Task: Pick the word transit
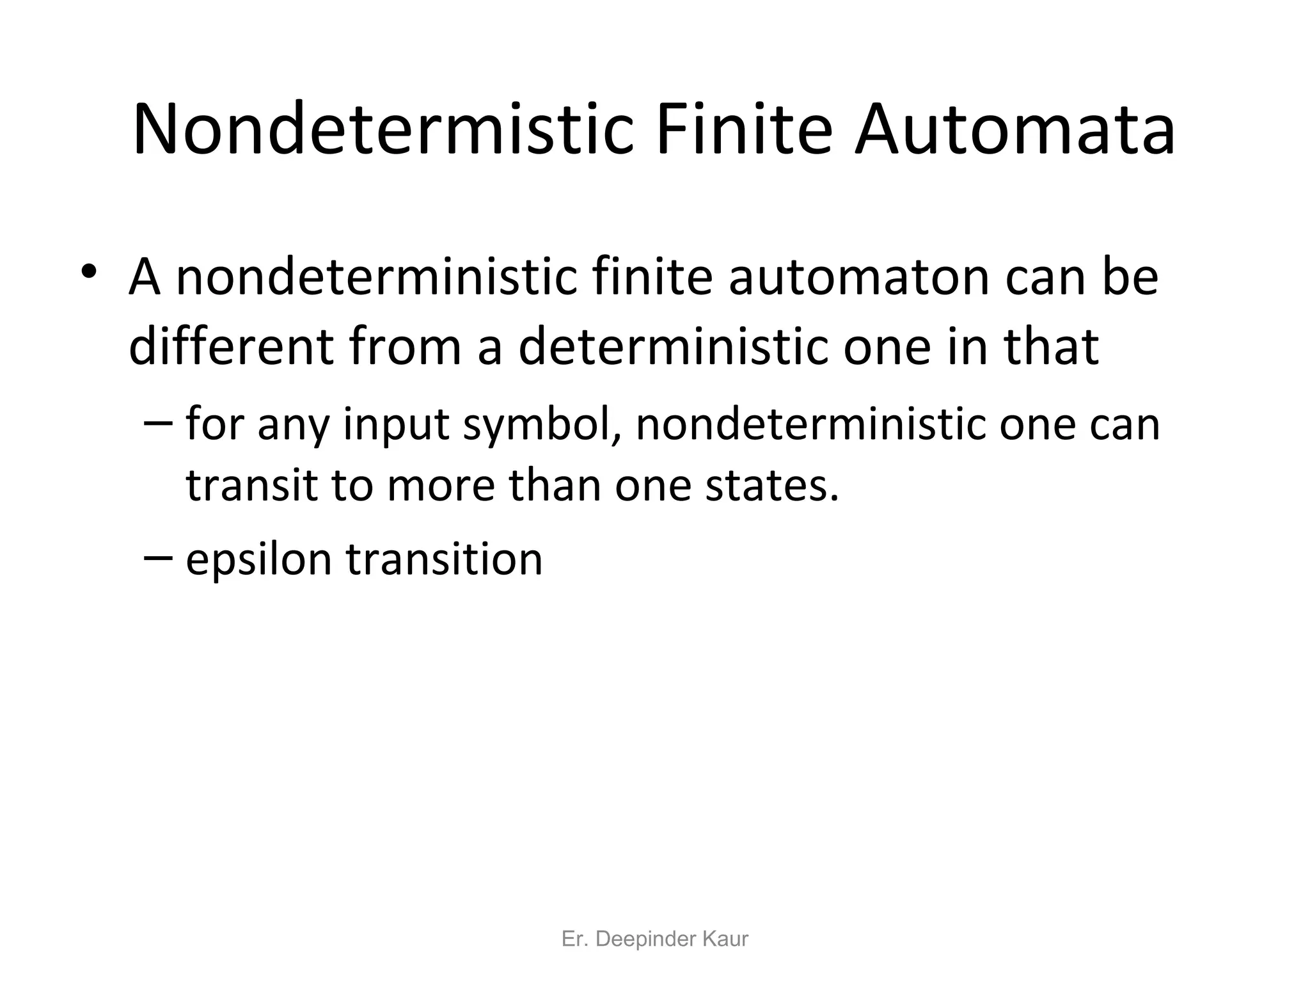point(252,485)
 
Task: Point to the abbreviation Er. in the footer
point(574,939)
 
